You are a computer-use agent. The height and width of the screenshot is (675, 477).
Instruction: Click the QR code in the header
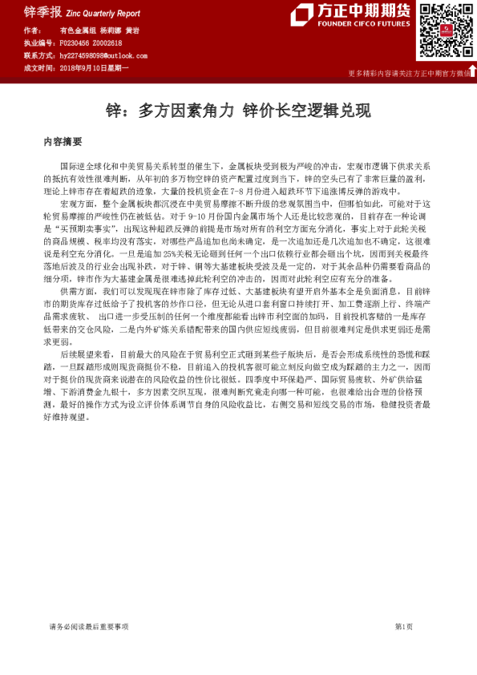[x=443, y=31]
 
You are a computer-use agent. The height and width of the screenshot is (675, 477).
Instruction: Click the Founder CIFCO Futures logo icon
[x=303, y=14]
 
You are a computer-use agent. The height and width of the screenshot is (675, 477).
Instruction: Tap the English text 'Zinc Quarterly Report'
[x=102, y=14]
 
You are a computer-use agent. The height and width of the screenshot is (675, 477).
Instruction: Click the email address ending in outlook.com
[x=103, y=56]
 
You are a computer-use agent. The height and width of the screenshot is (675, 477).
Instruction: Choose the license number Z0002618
[x=107, y=42]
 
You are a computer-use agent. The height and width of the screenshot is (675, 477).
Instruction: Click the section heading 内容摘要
[x=63, y=141]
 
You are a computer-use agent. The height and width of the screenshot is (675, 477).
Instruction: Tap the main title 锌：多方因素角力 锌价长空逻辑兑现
[x=238, y=110]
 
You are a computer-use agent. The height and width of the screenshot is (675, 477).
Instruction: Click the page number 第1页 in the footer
[x=403, y=626]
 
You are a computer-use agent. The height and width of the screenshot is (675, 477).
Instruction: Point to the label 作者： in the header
[x=34, y=30]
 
